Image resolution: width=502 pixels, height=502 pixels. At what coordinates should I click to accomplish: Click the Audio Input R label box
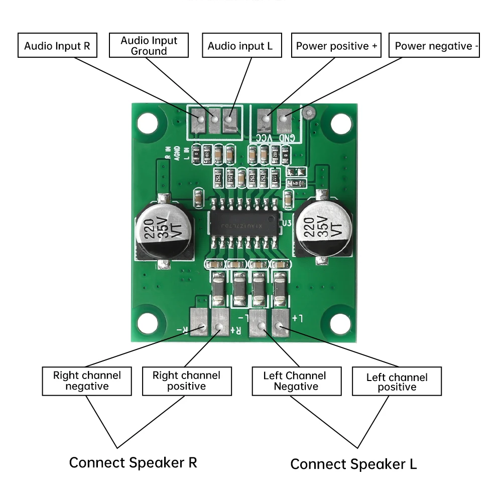point(57,46)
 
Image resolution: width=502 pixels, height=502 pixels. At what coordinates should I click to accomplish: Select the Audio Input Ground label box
point(149,46)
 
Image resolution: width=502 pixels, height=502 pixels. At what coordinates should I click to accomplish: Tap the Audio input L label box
point(240,46)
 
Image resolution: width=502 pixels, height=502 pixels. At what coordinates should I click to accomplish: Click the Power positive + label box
point(336,46)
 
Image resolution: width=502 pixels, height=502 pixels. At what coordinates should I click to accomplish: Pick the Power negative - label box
point(434,46)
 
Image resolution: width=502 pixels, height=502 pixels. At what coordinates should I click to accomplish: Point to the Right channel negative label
point(87,381)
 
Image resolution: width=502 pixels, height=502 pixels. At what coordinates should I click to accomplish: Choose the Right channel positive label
point(187,381)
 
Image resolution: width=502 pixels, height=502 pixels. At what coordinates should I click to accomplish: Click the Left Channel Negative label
point(296,381)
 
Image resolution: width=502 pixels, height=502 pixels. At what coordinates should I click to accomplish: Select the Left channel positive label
point(397,382)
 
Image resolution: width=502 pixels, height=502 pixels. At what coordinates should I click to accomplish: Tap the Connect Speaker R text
point(133,462)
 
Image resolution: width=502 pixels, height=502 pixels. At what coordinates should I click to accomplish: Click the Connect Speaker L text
point(353,464)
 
